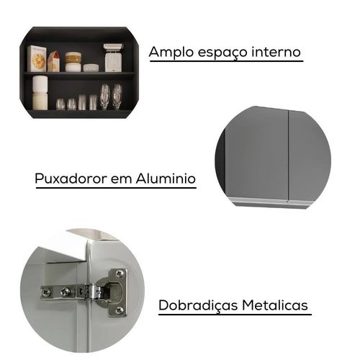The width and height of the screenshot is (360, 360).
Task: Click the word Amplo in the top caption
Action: [x=171, y=53]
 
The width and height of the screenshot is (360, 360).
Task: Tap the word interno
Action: [x=276, y=52]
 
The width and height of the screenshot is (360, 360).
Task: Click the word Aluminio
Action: [x=166, y=179]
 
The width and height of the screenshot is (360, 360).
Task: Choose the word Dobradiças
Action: [x=198, y=305]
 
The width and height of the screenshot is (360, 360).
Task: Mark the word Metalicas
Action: [x=275, y=305]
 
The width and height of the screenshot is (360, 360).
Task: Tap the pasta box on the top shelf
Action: [x=37, y=58]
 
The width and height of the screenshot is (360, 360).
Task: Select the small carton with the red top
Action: [x=53, y=61]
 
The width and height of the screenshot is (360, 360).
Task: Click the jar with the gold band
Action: [x=73, y=58]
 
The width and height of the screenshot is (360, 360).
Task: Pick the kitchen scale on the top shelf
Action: [x=113, y=58]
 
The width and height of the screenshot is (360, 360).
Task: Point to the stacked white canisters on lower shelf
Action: [x=40, y=93]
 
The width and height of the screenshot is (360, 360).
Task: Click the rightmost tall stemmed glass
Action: [x=117, y=96]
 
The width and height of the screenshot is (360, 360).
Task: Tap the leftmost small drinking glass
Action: [x=60, y=104]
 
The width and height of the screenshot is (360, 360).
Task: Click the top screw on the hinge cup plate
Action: [x=119, y=273]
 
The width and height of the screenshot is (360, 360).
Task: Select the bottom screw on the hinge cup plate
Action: [x=119, y=310]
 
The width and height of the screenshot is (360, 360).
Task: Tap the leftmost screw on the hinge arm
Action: [x=46, y=292]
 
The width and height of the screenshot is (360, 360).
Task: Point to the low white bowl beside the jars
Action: [x=91, y=68]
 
